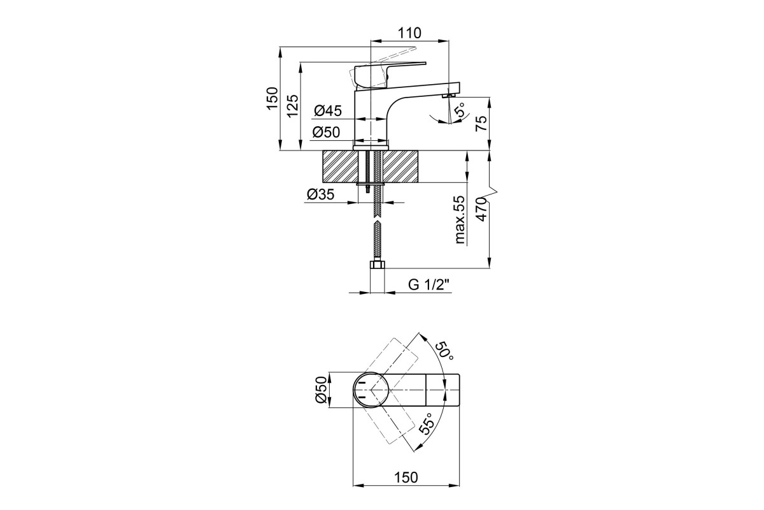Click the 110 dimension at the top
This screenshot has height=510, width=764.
[x=409, y=33]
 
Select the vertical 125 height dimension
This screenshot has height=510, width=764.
[x=292, y=106]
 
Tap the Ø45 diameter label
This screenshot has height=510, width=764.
[x=327, y=111]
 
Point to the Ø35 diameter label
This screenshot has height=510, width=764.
[x=321, y=194]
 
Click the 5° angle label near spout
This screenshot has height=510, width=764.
[x=460, y=110]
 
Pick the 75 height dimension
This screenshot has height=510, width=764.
[x=481, y=123]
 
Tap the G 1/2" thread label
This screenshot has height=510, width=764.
[x=429, y=284]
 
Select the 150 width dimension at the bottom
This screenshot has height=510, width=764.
[x=406, y=477]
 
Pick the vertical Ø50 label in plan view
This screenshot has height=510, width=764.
[x=321, y=390]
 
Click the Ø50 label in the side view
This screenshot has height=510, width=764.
[x=327, y=132]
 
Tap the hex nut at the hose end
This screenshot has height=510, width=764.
[x=377, y=265]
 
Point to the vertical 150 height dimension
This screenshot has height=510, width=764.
[x=272, y=98]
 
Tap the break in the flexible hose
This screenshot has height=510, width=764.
[x=377, y=220]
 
